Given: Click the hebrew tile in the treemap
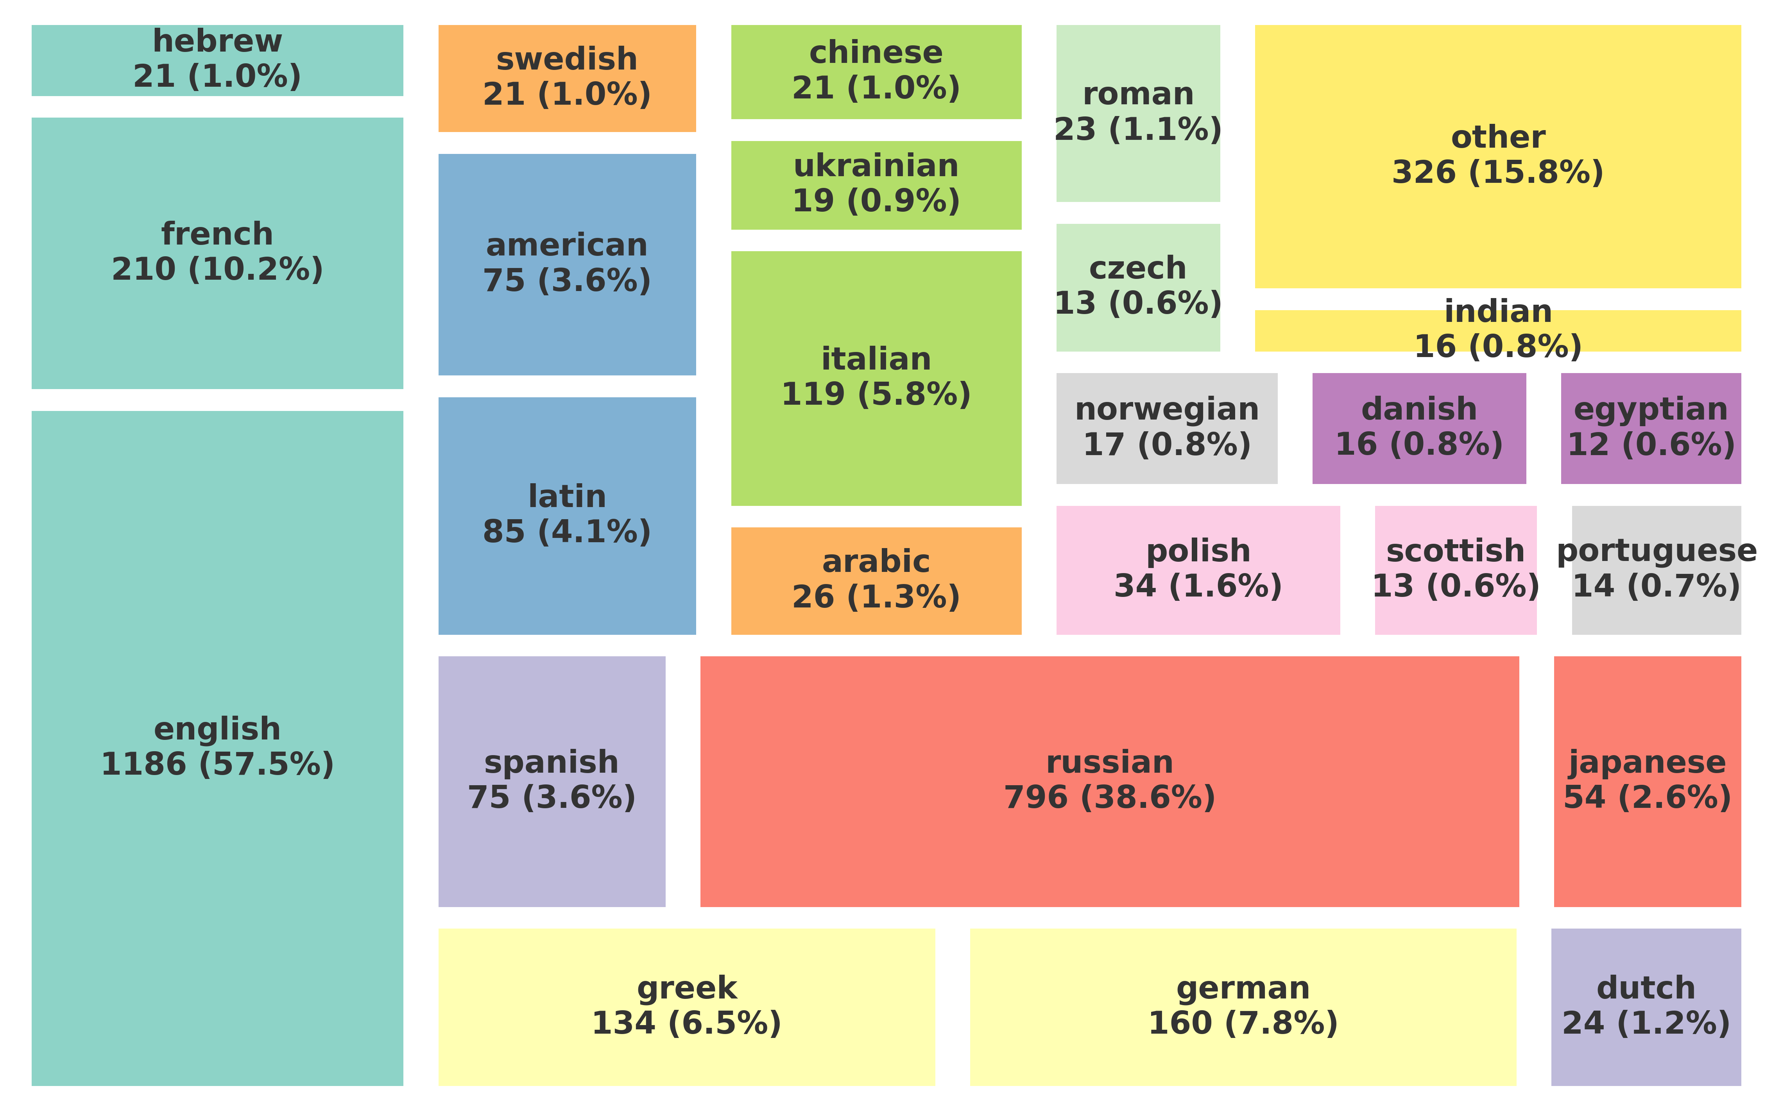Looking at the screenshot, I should [217, 60].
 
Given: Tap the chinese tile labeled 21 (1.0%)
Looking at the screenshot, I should [876, 71].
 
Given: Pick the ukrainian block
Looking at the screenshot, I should [876, 184].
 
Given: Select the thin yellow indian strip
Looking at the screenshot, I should [1497, 330].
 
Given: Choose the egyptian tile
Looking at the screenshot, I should [1650, 428].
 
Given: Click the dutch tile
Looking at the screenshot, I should [1645, 1006].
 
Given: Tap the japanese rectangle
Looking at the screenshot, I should [1647, 781].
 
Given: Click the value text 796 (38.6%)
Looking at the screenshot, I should [1109, 797].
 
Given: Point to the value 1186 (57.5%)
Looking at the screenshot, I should [217, 764].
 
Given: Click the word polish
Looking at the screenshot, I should [1197, 551].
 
